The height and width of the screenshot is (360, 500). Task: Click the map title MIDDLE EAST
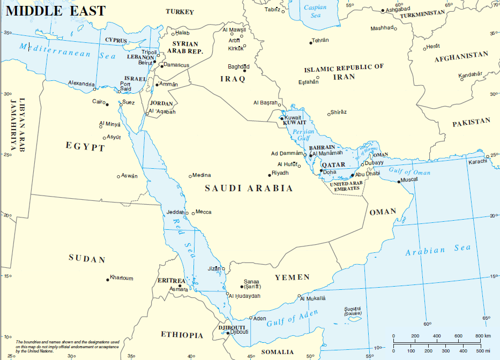point(55,11)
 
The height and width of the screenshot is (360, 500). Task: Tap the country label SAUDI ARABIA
point(249,189)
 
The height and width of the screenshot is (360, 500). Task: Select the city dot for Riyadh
point(270,175)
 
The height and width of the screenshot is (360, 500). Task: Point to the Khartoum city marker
point(107,279)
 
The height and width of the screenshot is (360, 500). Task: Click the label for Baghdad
point(238,66)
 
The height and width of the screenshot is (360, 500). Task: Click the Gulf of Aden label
point(288,318)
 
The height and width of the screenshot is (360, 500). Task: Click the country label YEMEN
point(292,277)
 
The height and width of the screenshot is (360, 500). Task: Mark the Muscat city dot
point(399,181)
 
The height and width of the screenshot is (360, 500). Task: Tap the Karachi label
point(477,161)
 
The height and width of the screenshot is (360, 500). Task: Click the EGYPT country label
point(85,146)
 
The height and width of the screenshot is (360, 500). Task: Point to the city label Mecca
point(203,212)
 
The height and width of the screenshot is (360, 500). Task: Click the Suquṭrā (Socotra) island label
point(353,311)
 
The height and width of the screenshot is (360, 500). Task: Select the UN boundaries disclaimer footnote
point(67,346)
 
